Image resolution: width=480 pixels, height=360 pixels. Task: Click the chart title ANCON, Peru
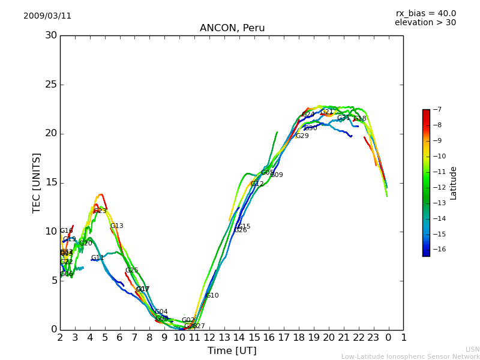coord(232,28)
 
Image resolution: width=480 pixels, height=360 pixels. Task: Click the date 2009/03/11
coord(47,16)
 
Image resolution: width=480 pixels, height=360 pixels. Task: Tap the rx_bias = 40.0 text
coord(425,14)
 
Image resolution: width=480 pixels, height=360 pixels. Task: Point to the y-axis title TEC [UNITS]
coord(37,182)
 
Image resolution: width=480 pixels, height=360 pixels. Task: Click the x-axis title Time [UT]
coord(232,351)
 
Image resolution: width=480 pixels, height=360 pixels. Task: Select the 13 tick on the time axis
coord(224,337)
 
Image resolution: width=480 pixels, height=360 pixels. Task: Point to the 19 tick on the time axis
coord(314,337)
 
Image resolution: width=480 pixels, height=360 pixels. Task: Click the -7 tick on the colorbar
coord(437,110)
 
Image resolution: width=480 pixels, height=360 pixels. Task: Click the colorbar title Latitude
coord(454,182)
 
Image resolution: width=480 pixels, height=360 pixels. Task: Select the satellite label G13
coord(116,226)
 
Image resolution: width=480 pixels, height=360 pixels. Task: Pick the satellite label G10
coord(212,296)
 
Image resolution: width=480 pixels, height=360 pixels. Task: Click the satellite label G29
coord(302,136)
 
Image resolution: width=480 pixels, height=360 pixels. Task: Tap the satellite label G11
coord(97,258)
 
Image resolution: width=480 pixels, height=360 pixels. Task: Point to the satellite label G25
coord(131,271)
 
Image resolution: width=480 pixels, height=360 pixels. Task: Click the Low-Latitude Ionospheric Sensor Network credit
coord(410,356)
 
